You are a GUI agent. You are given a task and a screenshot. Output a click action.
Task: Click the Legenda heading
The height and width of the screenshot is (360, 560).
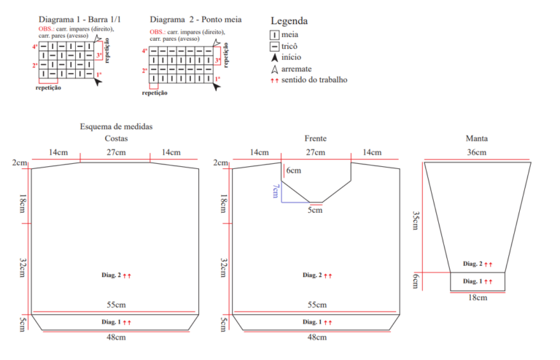click(x=289, y=21)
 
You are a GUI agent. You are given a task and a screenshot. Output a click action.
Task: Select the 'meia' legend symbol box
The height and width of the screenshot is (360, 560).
click(x=274, y=35)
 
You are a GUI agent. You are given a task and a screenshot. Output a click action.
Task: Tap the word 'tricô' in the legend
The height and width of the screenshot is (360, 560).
click(x=289, y=46)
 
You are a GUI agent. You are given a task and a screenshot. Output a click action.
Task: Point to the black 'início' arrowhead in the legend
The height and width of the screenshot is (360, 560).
click(x=274, y=58)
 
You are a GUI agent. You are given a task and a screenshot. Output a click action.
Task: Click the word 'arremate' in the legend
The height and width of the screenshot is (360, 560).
click(x=297, y=69)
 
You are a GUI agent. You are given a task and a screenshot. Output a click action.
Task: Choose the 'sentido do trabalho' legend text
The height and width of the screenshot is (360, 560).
click(x=314, y=80)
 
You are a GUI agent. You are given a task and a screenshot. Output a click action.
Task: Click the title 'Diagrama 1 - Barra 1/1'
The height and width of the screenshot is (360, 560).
click(x=79, y=19)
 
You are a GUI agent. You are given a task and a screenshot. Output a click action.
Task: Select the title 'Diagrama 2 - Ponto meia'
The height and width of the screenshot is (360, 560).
click(x=195, y=19)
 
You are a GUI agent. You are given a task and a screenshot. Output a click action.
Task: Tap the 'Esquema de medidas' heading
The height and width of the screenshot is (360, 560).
click(x=116, y=127)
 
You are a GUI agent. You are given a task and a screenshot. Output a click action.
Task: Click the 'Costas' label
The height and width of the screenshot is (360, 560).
click(x=116, y=138)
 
